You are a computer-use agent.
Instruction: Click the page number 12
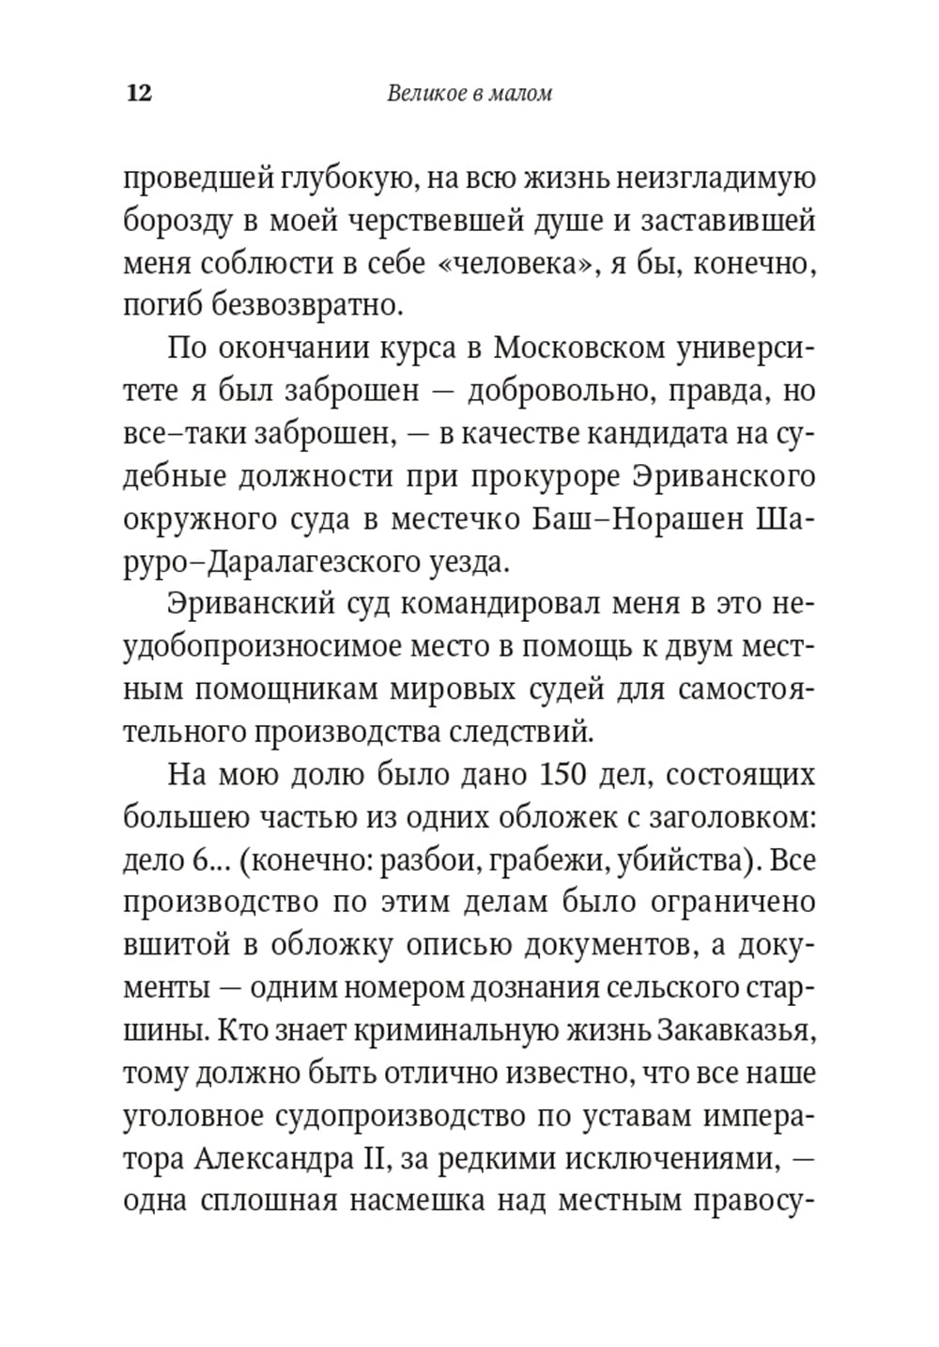point(137,94)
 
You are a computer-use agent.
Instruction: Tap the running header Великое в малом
point(469,94)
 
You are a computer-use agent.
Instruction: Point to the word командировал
point(487,604)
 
